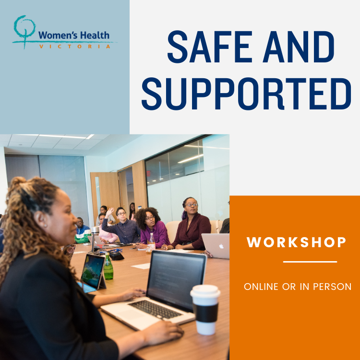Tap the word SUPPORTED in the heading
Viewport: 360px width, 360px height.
[x=246, y=94]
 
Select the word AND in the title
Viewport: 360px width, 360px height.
[x=299, y=47]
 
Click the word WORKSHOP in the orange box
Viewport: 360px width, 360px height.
[x=296, y=242]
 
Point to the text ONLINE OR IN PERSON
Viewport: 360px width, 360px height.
[x=298, y=287]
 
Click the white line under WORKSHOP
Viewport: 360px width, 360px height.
[x=310, y=262]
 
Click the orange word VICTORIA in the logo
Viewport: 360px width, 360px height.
[x=75, y=47]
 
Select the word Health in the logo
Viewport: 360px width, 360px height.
[x=95, y=36]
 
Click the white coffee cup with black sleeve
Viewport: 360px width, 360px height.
[x=205, y=310]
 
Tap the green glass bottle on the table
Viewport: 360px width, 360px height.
[x=108, y=266]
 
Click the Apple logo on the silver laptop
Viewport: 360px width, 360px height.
[x=221, y=246]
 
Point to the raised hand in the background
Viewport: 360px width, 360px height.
[x=110, y=212]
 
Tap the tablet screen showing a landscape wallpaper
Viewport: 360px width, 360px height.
[x=93, y=271]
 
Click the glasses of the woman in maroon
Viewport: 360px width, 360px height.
[x=192, y=204]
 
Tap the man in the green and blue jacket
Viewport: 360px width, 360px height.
[x=82, y=231]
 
